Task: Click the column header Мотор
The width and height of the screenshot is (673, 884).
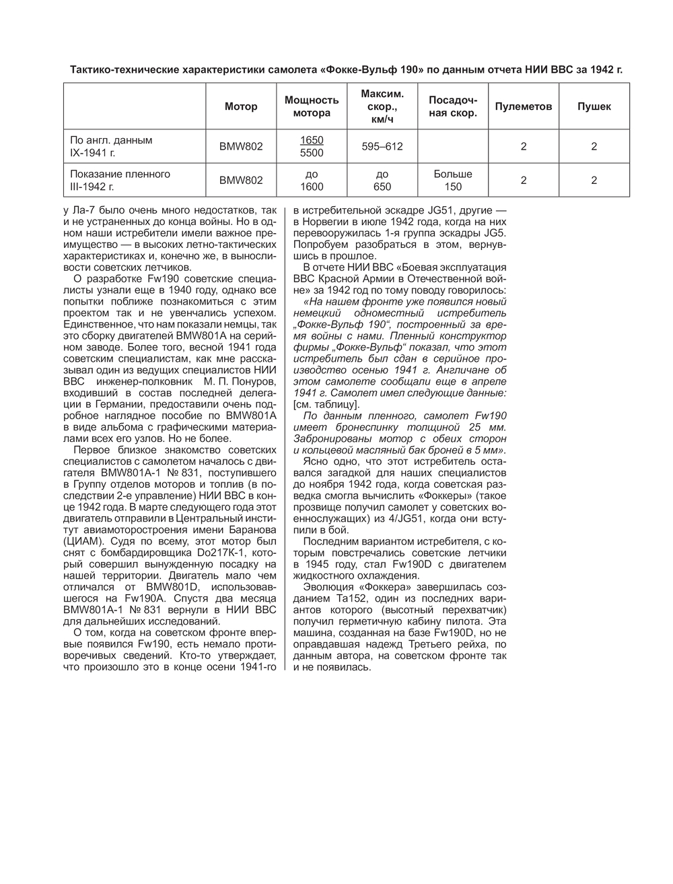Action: tap(241, 106)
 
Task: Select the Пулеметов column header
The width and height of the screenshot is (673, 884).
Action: tap(523, 106)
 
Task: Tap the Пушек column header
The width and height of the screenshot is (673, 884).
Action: tap(594, 106)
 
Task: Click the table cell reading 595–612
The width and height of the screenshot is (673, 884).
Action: tap(382, 146)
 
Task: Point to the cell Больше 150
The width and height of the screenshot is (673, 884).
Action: tap(453, 180)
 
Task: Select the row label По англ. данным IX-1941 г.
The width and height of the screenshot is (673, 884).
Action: tap(111, 146)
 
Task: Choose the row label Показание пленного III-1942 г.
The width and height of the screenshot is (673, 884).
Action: tap(120, 180)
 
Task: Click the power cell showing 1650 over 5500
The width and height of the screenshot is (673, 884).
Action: tap(312, 146)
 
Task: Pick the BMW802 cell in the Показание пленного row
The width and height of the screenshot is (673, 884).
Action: tap(241, 180)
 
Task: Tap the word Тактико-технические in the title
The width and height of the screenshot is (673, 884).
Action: tap(125, 69)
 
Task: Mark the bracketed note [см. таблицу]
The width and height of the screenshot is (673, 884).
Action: tap(326, 404)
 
